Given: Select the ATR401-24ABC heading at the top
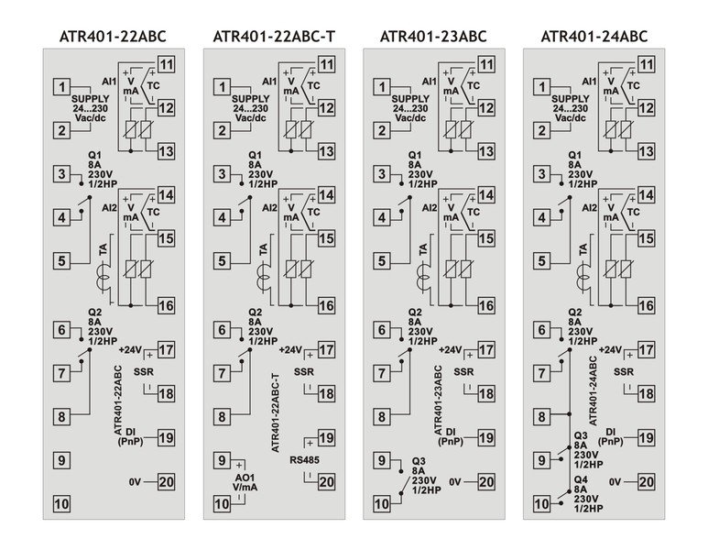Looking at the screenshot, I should point(594,37).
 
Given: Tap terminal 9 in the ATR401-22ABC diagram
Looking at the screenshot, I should point(61,460).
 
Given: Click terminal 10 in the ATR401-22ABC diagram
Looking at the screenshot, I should point(61,502).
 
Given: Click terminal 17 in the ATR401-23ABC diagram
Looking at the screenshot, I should point(485,349).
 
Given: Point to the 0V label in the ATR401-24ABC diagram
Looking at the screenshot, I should point(615,481).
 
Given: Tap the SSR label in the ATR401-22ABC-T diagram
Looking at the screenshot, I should point(303,372).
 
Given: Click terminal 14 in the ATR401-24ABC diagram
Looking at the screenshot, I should point(646,195).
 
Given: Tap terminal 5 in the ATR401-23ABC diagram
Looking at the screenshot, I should point(382,260).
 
